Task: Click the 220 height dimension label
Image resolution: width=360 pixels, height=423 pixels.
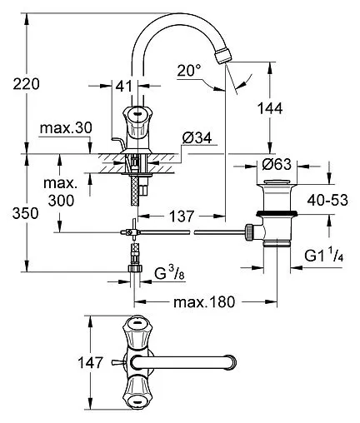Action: [x=27, y=84]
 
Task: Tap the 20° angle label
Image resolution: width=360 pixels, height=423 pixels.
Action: [x=189, y=70]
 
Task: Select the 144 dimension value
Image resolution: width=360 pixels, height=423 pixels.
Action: [x=270, y=108]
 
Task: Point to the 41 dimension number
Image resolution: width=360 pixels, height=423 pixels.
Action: [x=124, y=87]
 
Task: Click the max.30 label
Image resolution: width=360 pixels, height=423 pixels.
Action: [x=66, y=128]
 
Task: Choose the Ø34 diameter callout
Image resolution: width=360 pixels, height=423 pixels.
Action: [x=197, y=137]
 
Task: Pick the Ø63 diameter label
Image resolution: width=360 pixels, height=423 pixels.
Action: [x=277, y=165]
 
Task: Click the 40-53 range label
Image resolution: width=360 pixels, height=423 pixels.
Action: [x=327, y=200]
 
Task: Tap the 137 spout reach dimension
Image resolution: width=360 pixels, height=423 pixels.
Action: [x=182, y=216]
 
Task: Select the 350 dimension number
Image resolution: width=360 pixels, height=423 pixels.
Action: [x=26, y=213]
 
